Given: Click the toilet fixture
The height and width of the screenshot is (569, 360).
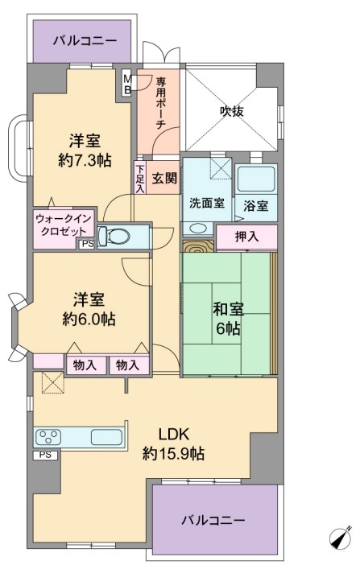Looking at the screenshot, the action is click(114, 237).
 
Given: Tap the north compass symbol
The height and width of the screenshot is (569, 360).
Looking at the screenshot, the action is click(341, 537).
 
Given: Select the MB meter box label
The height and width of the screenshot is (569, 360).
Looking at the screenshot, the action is click(127, 85).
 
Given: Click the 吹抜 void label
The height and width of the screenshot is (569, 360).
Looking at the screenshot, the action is click(232, 111).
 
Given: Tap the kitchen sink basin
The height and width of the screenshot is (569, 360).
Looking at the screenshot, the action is click(106, 437).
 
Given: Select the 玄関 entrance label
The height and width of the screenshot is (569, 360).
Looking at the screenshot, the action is click(164, 178).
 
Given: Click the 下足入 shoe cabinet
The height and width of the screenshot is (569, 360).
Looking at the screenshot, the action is click(140, 179).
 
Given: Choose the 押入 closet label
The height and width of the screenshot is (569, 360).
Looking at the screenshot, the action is click(246, 237).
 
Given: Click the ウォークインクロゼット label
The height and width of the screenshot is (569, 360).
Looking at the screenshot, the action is click(63, 225).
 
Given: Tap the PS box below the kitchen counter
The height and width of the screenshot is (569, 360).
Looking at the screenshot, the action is click(46, 455).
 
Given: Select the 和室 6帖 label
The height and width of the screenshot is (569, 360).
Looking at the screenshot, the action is click(228, 318).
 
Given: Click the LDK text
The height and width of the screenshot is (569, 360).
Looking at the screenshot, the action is click(174, 434).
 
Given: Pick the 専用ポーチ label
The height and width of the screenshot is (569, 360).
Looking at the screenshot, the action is click(160, 103).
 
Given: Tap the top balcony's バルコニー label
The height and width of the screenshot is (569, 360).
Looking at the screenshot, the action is click(85, 40).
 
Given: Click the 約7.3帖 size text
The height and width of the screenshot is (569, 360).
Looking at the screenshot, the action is click(85, 160).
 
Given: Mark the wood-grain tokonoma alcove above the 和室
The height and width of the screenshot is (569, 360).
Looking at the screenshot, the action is click(198, 246).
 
